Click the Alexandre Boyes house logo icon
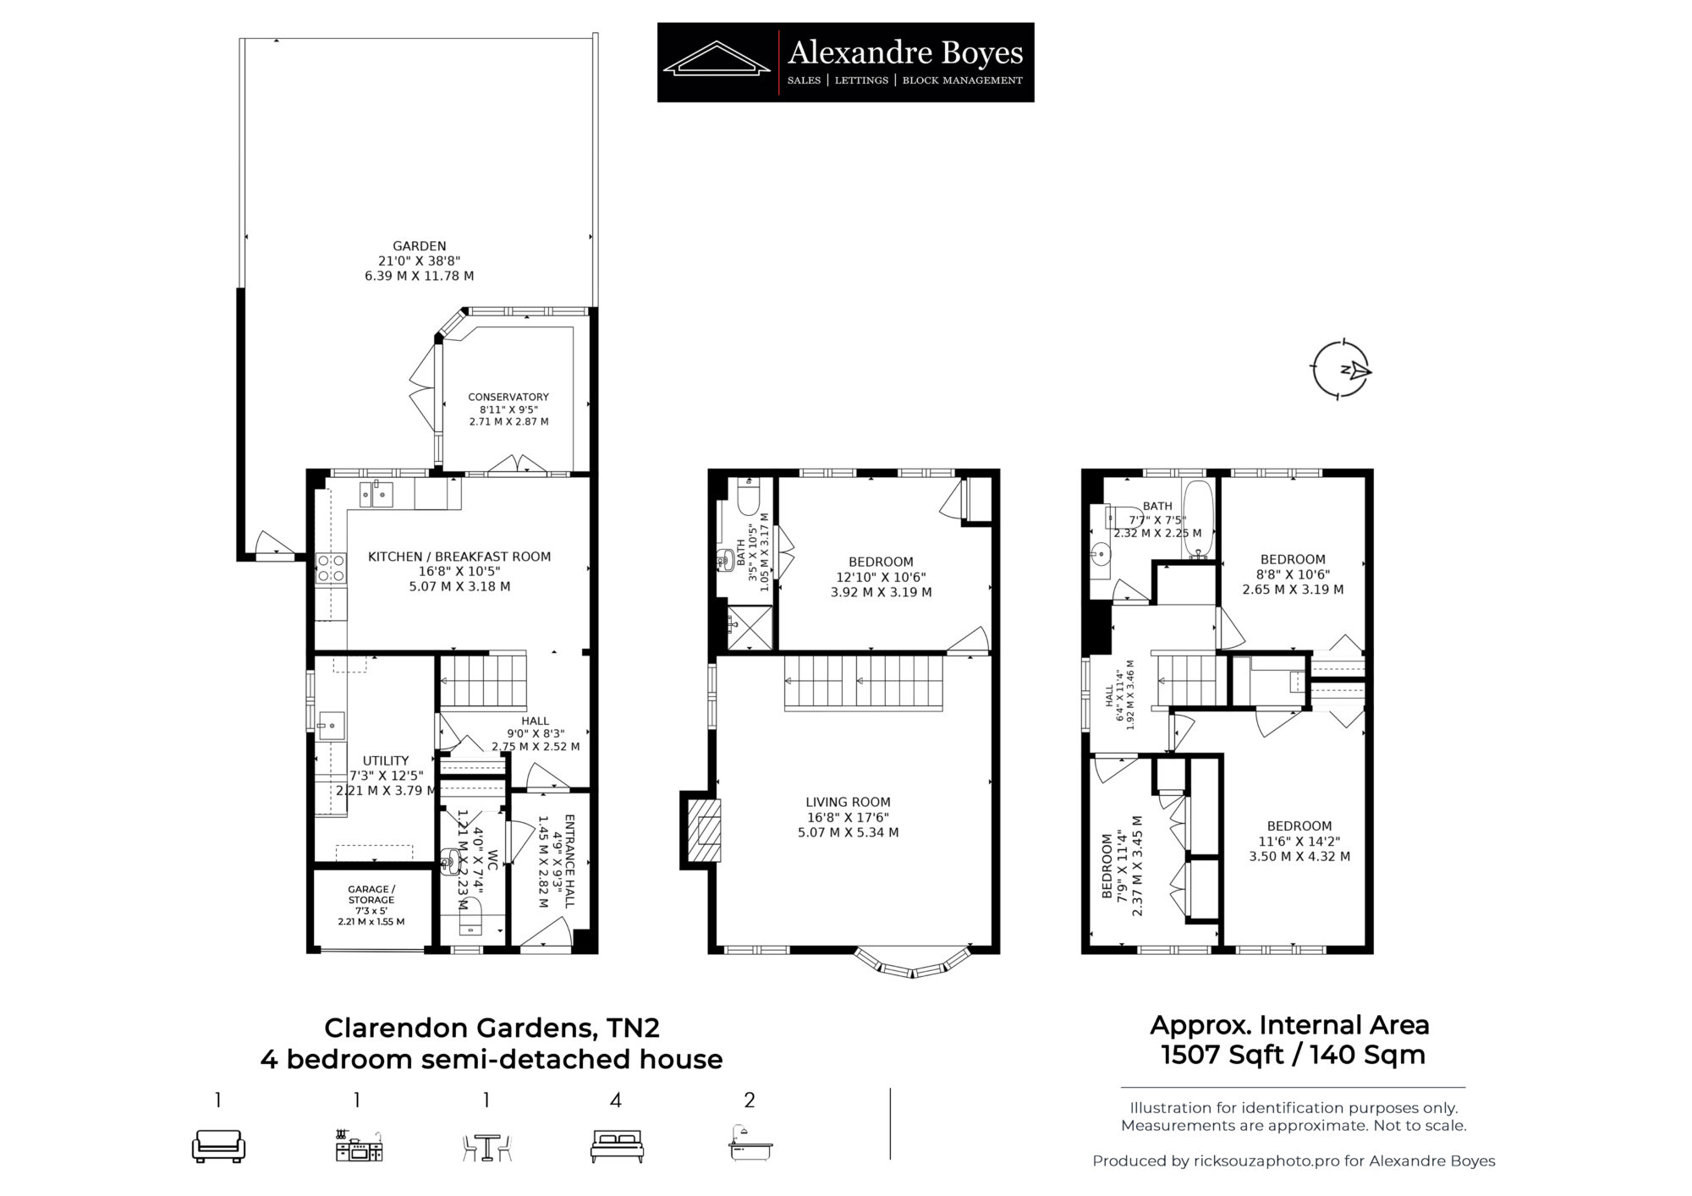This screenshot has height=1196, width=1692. click(716, 58)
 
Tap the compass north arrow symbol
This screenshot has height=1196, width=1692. click(1341, 370)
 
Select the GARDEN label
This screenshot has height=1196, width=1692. click(420, 246)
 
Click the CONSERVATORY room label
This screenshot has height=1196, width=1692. click(508, 397)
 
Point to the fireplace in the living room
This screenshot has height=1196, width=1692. click(702, 830)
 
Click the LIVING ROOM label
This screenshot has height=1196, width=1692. click(848, 802)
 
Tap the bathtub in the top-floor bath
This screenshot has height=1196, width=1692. click(1197, 520)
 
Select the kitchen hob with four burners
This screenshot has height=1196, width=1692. click(331, 568)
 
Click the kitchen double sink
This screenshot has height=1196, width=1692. click(376, 493)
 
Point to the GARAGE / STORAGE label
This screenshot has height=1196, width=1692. click(371, 895)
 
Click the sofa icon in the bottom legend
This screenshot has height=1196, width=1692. click(218, 1146)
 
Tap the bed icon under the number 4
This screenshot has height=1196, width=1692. click(617, 1145)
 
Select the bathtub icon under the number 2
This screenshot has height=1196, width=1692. click(750, 1143)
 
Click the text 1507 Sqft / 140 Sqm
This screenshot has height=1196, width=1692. click(1293, 1055)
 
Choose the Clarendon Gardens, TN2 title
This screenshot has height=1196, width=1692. click(492, 1028)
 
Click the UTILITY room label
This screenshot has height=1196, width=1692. click(386, 760)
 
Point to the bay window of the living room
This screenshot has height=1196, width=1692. click(912, 963)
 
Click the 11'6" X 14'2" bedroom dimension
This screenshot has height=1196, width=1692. click(1299, 842)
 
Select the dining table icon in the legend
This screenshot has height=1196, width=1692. click(486, 1147)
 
